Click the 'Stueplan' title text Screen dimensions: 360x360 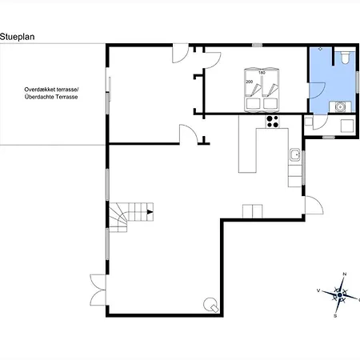[x=18, y=37]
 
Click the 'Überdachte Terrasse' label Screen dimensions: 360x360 [x=51, y=97]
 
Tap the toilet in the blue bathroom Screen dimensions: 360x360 [x=345, y=58]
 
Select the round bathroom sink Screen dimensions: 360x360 [x=340, y=107]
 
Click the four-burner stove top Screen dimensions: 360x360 [x=273, y=122]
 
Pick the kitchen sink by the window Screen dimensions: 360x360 [x=295, y=154]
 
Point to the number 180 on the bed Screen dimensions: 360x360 [x=262, y=73]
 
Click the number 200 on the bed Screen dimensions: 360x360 [x=250, y=82]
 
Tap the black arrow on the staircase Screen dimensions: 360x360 [x=150, y=212]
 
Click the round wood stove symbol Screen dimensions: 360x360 [x=210, y=304]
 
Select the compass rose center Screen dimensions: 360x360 [x=340, y=295]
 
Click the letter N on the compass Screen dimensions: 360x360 [x=344, y=274]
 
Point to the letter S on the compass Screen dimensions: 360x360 [x=335, y=316]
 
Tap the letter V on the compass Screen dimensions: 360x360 [x=318, y=290]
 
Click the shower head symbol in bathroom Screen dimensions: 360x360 [x=321, y=49]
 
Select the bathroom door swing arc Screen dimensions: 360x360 [x=322, y=92]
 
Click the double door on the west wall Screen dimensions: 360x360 [x=98, y=290]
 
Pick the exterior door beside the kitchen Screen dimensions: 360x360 [x=314, y=205]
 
